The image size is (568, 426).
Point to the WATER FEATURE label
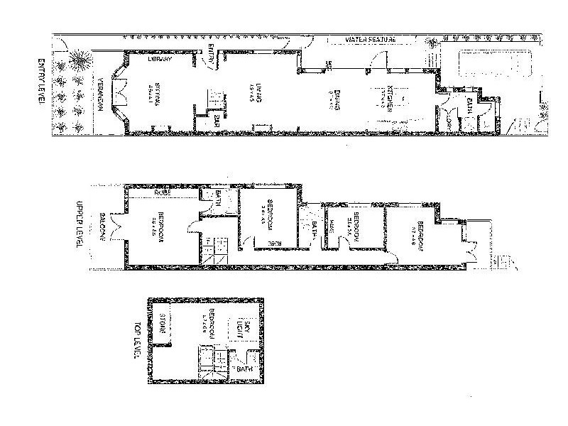pos(370,39)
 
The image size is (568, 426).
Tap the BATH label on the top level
pos(244,370)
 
